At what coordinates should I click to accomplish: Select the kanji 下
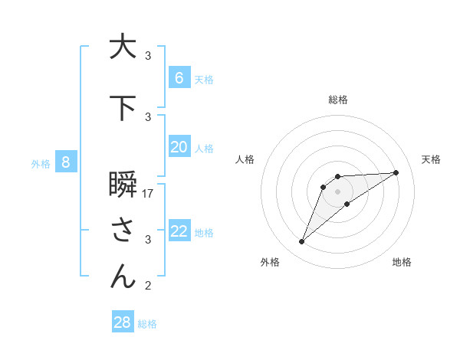tap(123, 108)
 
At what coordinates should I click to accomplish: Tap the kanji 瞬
tap(123, 188)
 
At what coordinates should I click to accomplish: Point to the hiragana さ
tap(123, 231)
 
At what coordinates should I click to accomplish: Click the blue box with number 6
tap(179, 77)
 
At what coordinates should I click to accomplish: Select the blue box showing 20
tap(179, 147)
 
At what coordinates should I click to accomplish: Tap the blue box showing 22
tap(179, 231)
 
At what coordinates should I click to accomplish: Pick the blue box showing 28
tap(123, 322)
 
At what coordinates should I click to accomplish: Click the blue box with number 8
tap(66, 162)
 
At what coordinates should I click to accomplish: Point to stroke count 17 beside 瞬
tap(148, 193)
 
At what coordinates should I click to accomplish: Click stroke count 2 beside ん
tap(148, 286)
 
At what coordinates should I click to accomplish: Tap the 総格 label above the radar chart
tap(337, 100)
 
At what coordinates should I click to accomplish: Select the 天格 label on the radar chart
tap(432, 159)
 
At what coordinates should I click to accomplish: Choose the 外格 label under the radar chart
tap(270, 262)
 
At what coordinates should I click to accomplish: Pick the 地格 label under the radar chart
tap(402, 262)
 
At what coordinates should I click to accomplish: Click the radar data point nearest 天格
tap(396, 172)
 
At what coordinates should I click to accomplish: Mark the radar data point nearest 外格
tap(302, 241)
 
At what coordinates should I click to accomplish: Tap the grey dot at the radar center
tap(337, 191)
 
